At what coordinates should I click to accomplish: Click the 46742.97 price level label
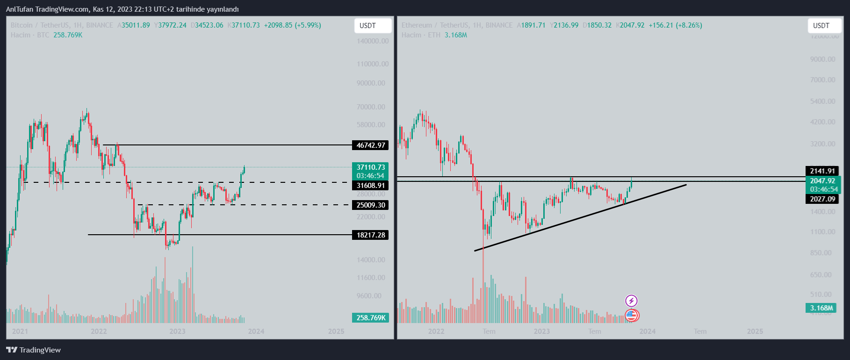(370, 145)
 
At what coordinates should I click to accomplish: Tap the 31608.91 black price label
(370, 186)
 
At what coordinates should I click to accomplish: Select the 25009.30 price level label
(370, 205)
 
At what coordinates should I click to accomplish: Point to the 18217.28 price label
(370, 235)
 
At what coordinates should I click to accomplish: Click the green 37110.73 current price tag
(370, 167)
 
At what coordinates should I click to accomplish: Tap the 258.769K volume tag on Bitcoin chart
(370, 318)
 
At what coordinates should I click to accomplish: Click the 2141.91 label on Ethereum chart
(822, 171)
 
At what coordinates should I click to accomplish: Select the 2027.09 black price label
(822, 199)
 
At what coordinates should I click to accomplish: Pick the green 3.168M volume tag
(821, 308)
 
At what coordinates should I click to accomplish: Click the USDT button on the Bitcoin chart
(373, 26)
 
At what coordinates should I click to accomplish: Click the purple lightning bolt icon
(631, 301)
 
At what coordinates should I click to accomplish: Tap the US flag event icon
(632, 316)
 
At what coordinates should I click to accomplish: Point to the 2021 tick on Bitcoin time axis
(20, 331)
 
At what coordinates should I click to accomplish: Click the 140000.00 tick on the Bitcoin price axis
(372, 41)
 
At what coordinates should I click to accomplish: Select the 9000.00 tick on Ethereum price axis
(822, 59)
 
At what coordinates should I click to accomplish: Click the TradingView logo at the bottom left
(34, 350)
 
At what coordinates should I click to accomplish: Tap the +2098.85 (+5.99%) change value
(292, 25)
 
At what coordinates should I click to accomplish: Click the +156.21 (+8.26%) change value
(675, 25)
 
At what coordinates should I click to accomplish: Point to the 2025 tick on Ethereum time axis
(755, 331)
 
